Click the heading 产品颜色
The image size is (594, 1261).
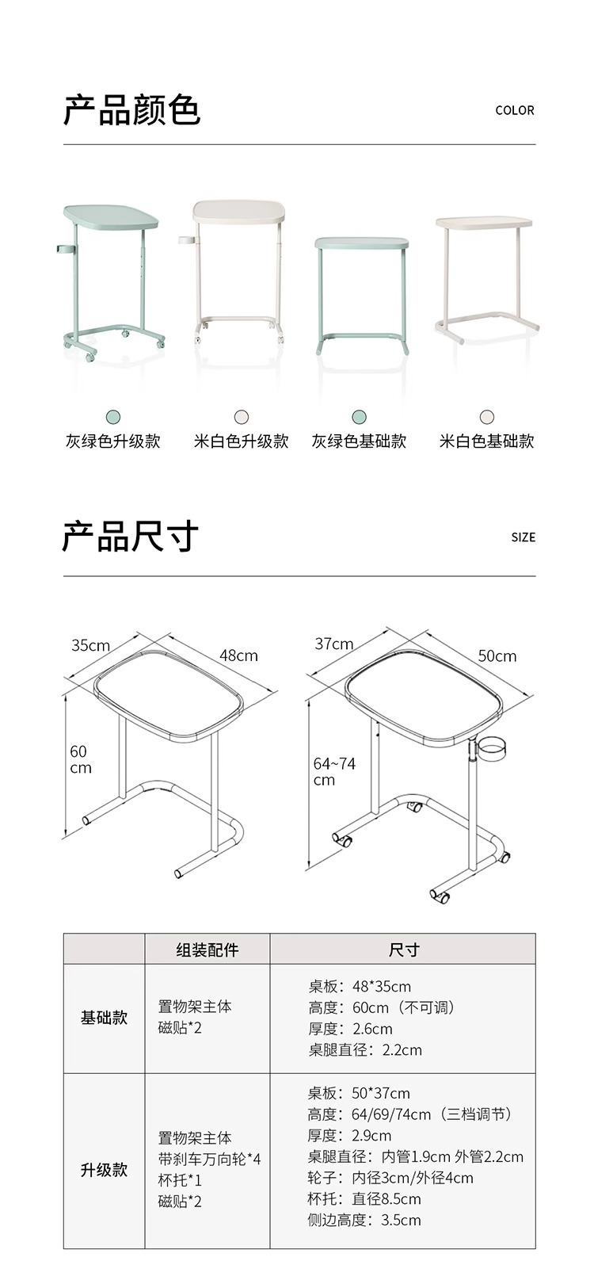[131, 110]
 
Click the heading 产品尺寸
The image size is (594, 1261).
[130, 537]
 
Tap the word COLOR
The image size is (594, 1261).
[515, 111]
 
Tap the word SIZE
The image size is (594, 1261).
[523, 537]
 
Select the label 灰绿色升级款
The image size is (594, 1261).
[112, 441]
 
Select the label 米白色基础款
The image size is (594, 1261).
[486, 441]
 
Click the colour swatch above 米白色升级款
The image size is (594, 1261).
[242, 417]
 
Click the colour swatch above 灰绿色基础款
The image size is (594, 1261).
[359, 417]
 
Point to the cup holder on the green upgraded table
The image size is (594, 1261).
[63, 249]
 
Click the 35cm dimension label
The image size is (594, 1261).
[91, 645]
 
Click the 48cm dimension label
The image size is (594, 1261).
[238, 655]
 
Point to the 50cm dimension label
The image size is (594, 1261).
[497, 656]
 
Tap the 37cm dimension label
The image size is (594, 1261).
[334, 644]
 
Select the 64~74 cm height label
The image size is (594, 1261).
[334, 771]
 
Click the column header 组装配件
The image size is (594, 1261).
[207, 950]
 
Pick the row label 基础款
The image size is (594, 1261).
[104, 1018]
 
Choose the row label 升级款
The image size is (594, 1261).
[104, 1170]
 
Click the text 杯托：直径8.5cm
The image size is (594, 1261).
[364, 1198]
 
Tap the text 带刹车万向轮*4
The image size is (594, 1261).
[209, 1159]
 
